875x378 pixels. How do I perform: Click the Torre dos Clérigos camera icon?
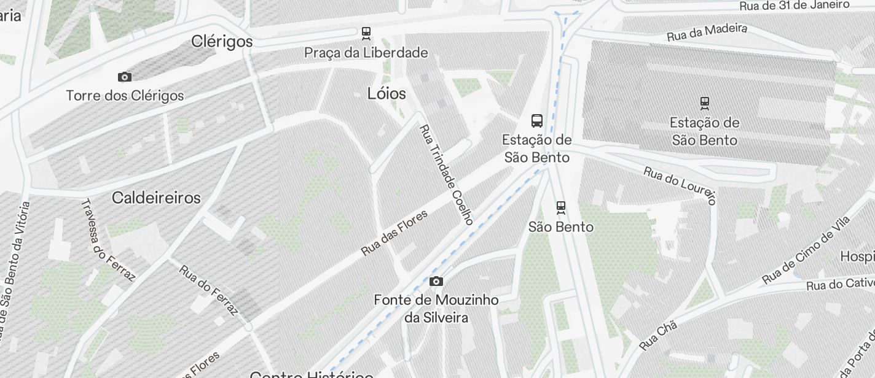tap(125, 77)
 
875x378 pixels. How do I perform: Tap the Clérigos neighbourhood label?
tap(222, 42)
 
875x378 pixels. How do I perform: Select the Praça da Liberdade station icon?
tap(366, 33)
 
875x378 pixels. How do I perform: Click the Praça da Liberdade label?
tap(366, 53)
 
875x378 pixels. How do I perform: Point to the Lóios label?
tap(386, 94)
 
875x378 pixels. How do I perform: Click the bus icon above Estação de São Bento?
tap(537, 120)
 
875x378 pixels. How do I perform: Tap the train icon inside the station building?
tap(704, 103)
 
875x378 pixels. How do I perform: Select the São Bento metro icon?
tap(560, 207)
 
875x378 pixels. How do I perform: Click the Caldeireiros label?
tap(156, 198)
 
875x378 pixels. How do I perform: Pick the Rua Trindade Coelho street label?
tap(446, 175)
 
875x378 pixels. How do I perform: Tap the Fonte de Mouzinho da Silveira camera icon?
tap(436, 282)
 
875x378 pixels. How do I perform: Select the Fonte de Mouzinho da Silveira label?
tap(436, 309)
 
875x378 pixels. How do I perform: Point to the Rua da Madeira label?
tap(707, 33)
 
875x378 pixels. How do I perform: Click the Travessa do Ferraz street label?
tap(108, 240)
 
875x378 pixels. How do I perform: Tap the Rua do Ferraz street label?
tap(208, 290)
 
